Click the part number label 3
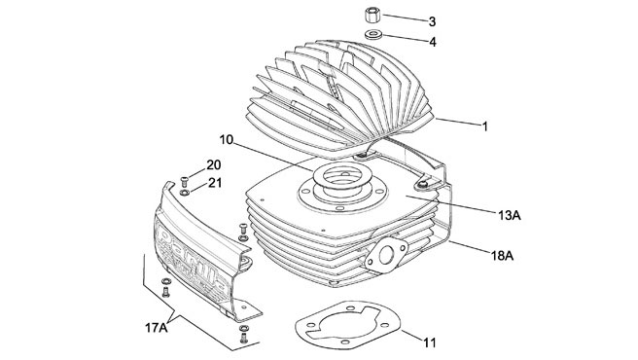pyautogui.click(x=433, y=20)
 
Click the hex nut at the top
pyautogui.click(x=373, y=18)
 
